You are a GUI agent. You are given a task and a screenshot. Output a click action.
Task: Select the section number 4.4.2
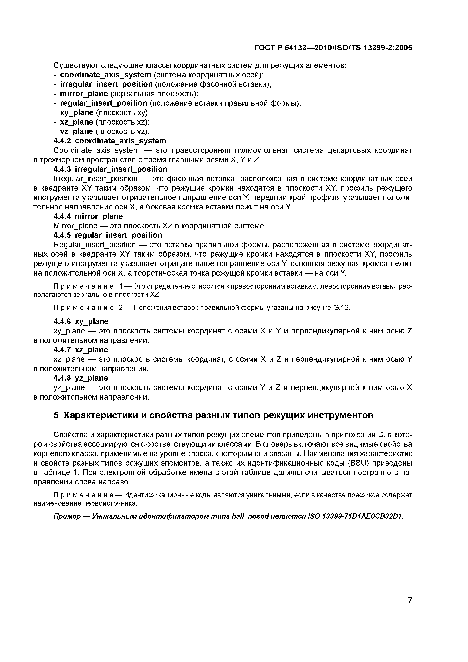(62, 141)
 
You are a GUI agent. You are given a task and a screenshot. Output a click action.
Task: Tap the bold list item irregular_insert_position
(106, 84)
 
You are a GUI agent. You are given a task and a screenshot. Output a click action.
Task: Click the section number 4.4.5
(62, 235)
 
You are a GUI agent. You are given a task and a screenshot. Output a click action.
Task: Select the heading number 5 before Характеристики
(56, 416)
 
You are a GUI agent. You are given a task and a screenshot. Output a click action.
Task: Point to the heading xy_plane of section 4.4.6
(92, 322)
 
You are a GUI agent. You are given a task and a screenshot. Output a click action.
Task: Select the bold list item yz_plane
(76, 132)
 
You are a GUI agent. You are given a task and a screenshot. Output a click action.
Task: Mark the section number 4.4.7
(62, 350)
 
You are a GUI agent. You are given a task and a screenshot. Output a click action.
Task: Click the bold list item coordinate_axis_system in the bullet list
(105, 75)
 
